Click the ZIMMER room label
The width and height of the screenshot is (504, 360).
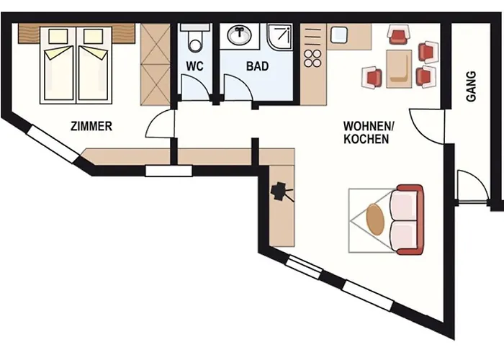[x=91, y=126]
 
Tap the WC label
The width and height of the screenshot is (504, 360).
[x=194, y=66]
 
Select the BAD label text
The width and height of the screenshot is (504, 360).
[x=257, y=66]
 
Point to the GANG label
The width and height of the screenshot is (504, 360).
[x=471, y=86]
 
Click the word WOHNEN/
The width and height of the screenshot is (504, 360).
[x=369, y=126]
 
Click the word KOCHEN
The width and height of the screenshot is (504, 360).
[x=366, y=139]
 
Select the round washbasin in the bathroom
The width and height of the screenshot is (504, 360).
[x=240, y=35]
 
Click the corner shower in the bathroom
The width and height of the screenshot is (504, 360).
[x=280, y=37]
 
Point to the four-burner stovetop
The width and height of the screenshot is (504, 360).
[x=312, y=58]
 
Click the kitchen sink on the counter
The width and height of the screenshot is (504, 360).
[x=338, y=35]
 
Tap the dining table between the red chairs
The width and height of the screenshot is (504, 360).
[x=399, y=69]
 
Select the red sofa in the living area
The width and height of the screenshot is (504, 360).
[x=408, y=220]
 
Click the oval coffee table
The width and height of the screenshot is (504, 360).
[x=375, y=220]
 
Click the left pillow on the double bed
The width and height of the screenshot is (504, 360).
[x=58, y=36]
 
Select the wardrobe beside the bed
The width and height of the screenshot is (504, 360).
[x=156, y=64]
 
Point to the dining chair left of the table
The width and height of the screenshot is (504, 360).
[x=372, y=77]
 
